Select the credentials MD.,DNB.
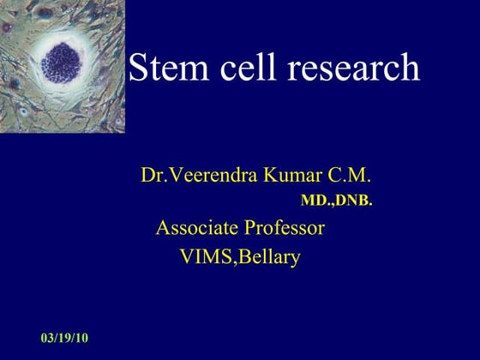pos(336,201)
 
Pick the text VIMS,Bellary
pos(240,256)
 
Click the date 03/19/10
pos(64,338)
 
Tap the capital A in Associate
pos(162,229)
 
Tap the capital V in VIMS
pos(186,256)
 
